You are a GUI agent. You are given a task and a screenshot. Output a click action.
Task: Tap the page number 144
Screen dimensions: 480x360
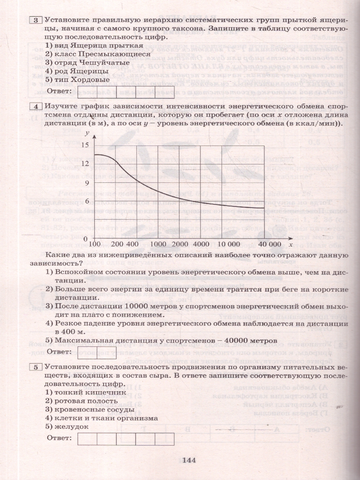pos(188,460)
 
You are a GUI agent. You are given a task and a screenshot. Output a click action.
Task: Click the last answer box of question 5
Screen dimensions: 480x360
pos(164,439)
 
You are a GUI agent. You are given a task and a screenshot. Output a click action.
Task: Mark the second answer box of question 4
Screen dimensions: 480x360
pos(106,352)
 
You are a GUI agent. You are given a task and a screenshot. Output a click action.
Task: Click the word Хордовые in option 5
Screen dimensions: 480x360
pos(90,80)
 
